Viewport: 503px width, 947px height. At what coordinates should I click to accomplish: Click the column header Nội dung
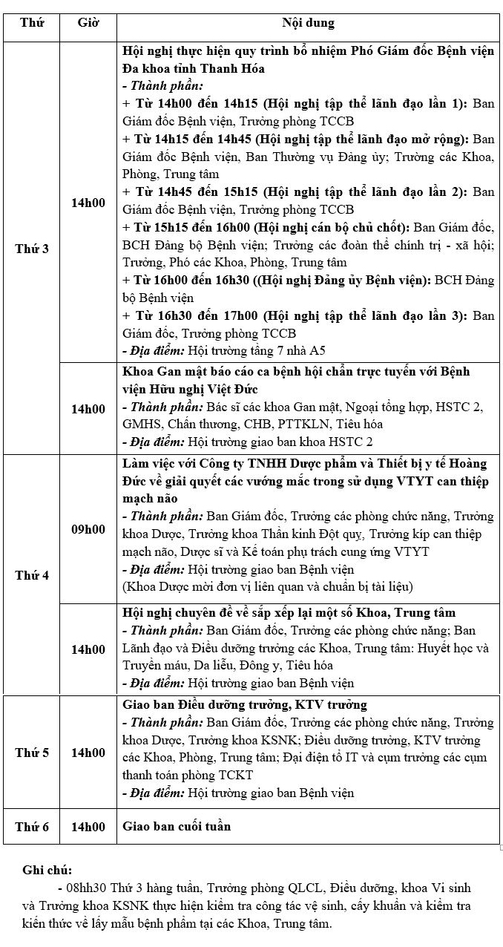308,23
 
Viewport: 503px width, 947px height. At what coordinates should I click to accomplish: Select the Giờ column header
88,23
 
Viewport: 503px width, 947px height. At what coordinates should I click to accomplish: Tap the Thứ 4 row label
32,575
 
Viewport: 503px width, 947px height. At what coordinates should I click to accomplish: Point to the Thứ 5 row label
32,753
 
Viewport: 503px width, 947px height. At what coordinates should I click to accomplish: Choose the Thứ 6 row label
32,826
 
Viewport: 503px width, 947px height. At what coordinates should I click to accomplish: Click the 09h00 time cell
88,529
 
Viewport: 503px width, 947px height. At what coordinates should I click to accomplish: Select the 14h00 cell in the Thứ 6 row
88,826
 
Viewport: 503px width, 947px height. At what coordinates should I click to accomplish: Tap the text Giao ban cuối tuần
177,826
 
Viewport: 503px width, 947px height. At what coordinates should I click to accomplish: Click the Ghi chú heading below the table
47,870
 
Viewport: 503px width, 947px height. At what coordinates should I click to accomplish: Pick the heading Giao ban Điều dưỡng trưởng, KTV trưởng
245,704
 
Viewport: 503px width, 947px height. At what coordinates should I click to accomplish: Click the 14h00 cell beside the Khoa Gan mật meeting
88,408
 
